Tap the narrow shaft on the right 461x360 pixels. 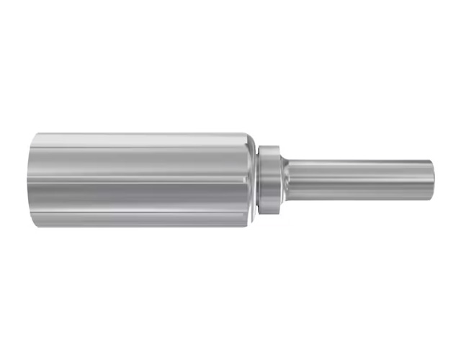point(360,180)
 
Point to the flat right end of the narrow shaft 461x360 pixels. point(431,180)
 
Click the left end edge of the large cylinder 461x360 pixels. point(31,180)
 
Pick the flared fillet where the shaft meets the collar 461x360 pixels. point(285,180)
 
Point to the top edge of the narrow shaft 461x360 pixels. point(360,161)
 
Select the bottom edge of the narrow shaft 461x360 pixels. point(360,200)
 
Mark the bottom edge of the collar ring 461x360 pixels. point(269,214)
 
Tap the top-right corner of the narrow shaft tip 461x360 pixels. point(431,161)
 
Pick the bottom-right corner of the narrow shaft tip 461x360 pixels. point(431,199)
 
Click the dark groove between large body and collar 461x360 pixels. point(259,180)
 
